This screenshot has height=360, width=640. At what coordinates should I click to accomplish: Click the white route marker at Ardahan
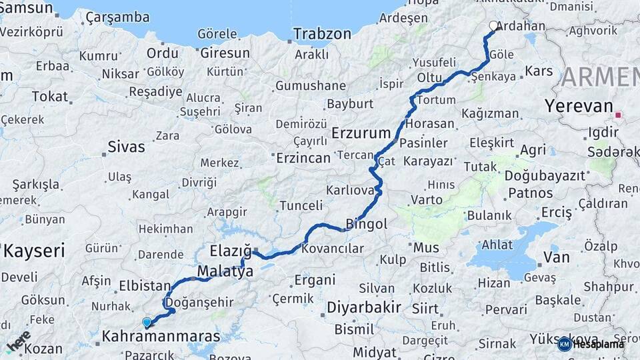click(x=493, y=26)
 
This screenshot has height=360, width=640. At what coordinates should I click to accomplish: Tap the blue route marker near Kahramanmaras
click(x=147, y=323)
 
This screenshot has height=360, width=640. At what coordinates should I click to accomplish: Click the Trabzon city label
click(x=322, y=33)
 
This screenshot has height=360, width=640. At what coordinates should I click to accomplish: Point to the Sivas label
click(x=126, y=147)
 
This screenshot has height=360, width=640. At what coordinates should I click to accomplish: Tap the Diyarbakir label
click(x=363, y=307)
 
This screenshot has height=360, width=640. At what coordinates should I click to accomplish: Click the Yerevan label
click(x=578, y=105)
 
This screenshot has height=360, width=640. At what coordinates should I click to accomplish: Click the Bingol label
click(x=367, y=225)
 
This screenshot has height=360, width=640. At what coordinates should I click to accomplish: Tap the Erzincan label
click(x=303, y=158)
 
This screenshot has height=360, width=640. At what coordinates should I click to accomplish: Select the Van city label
click(x=557, y=257)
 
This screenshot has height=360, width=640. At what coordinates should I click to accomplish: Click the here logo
click(x=19, y=340)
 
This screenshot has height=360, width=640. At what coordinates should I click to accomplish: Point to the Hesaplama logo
click(x=592, y=343)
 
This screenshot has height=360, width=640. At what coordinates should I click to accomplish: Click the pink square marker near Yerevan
click(x=618, y=115)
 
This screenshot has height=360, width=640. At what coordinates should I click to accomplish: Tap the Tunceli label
click(x=301, y=205)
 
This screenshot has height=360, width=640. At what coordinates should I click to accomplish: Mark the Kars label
click(x=539, y=71)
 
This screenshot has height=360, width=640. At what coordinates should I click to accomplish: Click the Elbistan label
click(x=145, y=286)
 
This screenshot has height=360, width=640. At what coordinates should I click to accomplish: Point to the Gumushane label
click(x=311, y=85)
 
